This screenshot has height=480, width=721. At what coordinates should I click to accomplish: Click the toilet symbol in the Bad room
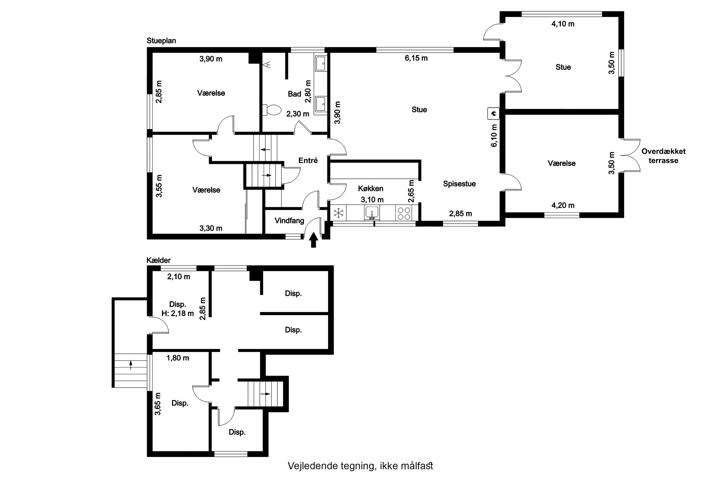272,110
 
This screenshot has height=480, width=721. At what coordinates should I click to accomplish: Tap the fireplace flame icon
493,113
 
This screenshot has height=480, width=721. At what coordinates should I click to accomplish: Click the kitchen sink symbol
372,212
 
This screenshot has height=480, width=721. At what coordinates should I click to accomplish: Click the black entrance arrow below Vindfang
313,240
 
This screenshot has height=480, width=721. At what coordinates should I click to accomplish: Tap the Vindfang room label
289,221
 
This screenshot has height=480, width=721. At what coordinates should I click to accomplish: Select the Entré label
308,160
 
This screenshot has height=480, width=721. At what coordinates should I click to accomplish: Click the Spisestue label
459,184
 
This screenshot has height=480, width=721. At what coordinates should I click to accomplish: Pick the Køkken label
370,189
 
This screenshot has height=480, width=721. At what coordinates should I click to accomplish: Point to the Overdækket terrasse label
663,156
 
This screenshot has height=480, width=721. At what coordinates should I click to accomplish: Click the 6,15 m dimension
416,58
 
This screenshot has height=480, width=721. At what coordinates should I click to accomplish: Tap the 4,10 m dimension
563,24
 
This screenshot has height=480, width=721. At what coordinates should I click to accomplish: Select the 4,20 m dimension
563,206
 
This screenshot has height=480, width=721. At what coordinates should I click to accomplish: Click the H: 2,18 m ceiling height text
178,314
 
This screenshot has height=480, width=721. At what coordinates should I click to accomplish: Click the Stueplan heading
161,41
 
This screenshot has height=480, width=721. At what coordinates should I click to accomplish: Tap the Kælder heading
158,260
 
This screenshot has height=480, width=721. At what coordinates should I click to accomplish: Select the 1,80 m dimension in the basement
178,358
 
